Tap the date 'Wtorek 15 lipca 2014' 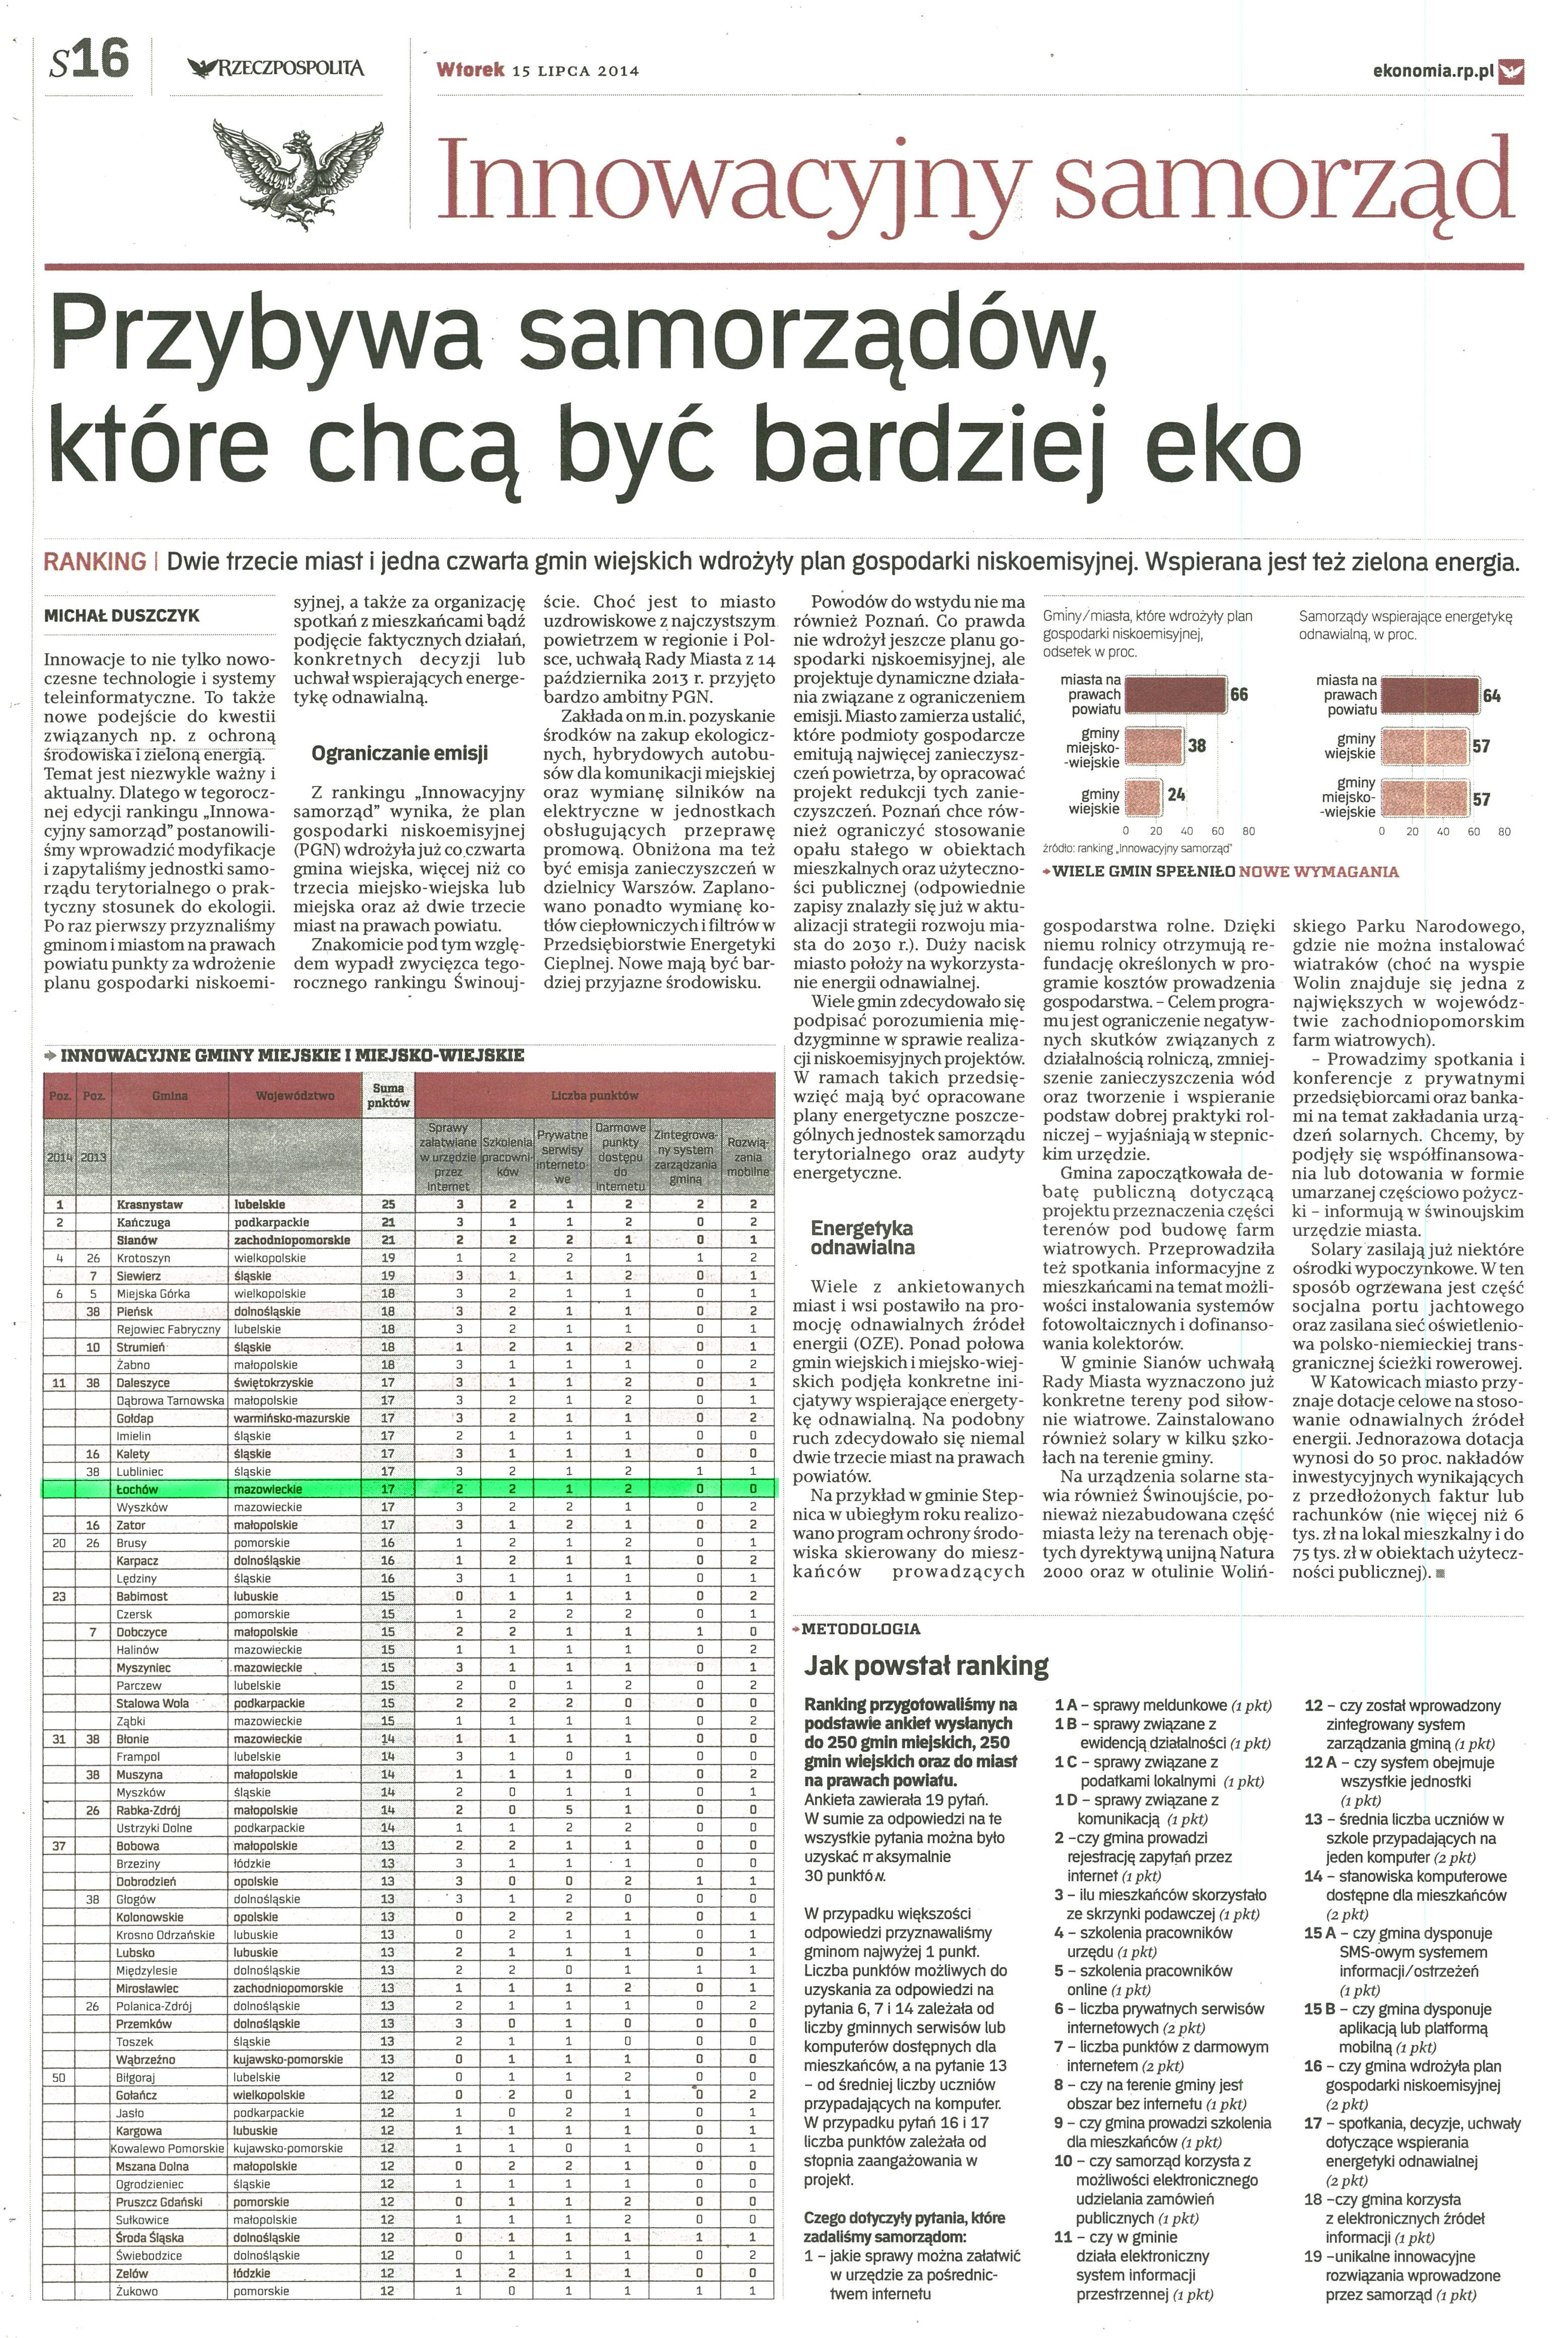click(538, 70)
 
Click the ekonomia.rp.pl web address click(1433, 70)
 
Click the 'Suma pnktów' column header click(388, 1096)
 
